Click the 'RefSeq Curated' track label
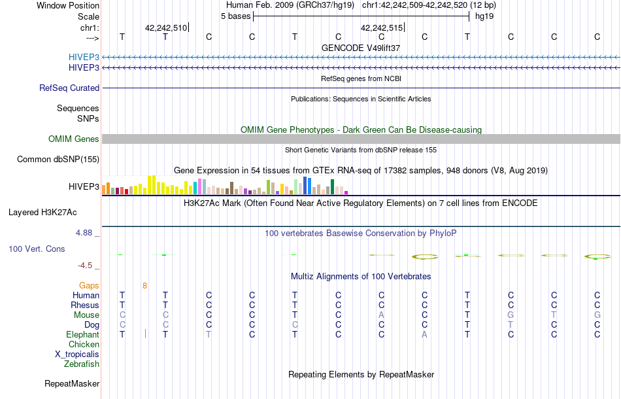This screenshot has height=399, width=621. tap(69, 88)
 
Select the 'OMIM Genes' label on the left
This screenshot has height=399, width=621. tap(74, 139)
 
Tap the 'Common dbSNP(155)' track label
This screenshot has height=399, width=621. tap(58, 159)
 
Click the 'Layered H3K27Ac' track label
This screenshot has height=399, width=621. tap(42, 212)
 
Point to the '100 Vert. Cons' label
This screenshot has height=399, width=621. tap(37, 249)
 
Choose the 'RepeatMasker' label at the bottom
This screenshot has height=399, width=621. tap(72, 383)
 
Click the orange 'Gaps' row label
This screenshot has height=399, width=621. tap(89, 285)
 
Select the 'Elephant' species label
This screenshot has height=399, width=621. tap(83, 334)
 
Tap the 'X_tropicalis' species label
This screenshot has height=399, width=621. tap(77, 354)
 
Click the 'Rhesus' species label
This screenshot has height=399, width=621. tap(86, 305)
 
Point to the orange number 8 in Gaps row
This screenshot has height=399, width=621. tap(144, 285)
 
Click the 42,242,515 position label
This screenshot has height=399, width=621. tap(382, 27)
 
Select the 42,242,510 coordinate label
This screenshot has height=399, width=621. tap(166, 27)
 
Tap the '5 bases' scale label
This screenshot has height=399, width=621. tap(235, 16)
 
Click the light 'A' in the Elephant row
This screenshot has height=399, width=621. tap(424, 334)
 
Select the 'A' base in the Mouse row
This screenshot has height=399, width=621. tap(381, 315)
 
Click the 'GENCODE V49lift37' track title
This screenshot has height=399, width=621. tap(361, 48)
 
